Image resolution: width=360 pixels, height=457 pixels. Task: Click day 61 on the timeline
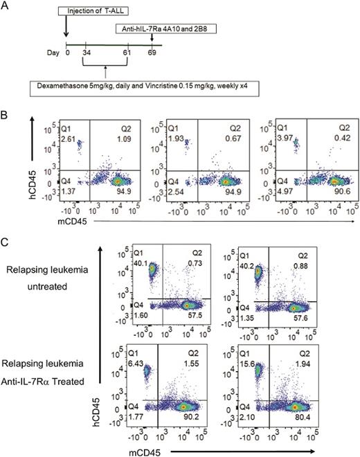(x=126, y=53)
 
